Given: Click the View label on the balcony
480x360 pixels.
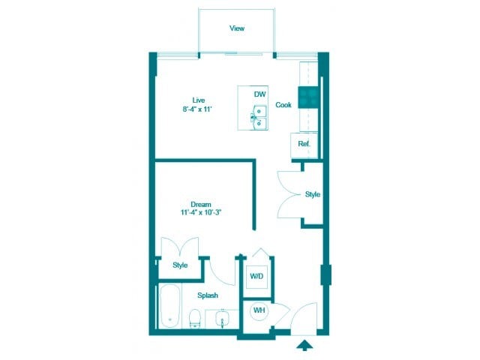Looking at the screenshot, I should pyautogui.click(x=237, y=28).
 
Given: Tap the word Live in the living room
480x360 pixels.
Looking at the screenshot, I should pyautogui.click(x=199, y=100).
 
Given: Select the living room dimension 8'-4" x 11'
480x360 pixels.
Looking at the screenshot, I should pyautogui.click(x=199, y=109).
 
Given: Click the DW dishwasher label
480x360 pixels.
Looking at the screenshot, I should pyautogui.click(x=260, y=94).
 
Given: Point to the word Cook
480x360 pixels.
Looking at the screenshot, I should pyautogui.click(x=283, y=105).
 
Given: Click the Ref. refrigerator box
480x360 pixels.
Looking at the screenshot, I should pyautogui.click(x=304, y=143).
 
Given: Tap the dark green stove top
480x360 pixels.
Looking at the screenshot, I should pyautogui.click(x=308, y=96).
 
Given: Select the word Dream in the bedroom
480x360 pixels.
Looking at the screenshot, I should pyautogui.click(x=200, y=204).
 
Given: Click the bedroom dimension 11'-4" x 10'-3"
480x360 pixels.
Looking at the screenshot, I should pyautogui.click(x=200, y=213).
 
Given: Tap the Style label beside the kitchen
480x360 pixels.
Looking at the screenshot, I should pyautogui.click(x=313, y=194).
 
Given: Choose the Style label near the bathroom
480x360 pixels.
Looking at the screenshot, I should pyautogui.click(x=180, y=265).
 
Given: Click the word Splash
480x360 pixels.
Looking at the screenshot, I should pyautogui.click(x=208, y=295).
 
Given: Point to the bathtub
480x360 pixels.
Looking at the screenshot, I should pyautogui.click(x=169, y=307).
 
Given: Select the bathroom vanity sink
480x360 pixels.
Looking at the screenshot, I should pyautogui.click(x=223, y=319).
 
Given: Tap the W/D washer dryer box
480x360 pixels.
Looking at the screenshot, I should pyautogui.click(x=257, y=277).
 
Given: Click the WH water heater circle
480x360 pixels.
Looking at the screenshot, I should pyautogui.click(x=258, y=310).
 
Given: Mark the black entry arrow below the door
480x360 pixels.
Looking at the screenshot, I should pyautogui.click(x=304, y=345).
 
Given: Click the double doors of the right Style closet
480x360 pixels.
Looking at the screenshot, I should pyautogui.click(x=290, y=194).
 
